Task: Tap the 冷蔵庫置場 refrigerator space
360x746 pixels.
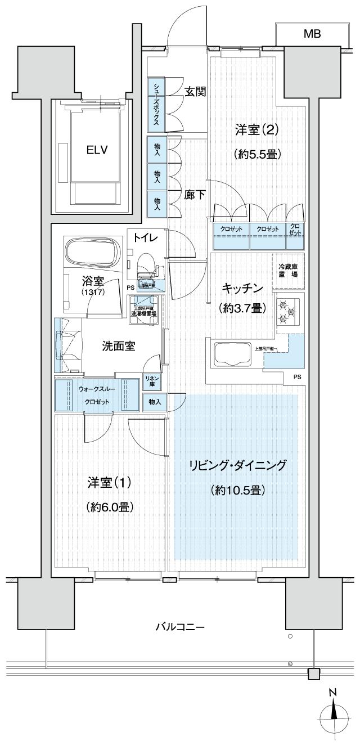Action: point(288,271)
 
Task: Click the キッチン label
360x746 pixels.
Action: point(242,288)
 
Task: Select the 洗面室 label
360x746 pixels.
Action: point(118,347)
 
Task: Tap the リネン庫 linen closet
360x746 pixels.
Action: point(152,381)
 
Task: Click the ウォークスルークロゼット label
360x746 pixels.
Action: point(97,395)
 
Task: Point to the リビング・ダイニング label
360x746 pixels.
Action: point(238,465)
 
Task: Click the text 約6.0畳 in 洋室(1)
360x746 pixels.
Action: point(110,507)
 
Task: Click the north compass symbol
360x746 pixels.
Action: point(334,713)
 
